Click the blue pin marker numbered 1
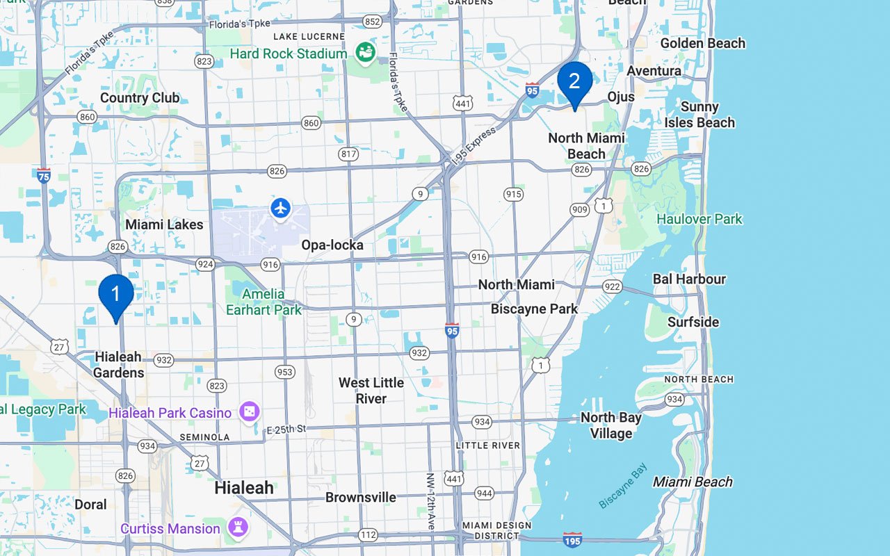click(116, 295)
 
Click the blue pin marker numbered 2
click(574, 82)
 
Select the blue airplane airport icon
click(280, 208)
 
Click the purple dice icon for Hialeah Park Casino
click(248, 412)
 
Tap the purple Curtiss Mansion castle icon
click(238, 528)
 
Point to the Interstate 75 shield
click(44, 174)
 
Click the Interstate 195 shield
click(572, 539)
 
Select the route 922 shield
click(612, 286)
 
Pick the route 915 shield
click(513, 194)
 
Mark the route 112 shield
click(369, 534)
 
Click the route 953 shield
click(284, 372)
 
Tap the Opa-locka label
click(332, 245)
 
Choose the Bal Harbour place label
click(688, 279)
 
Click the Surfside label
click(693, 322)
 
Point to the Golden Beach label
click(702, 43)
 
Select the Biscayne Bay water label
click(624, 486)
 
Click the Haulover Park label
click(699, 219)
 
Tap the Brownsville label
click(360, 497)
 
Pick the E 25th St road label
click(286, 430)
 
